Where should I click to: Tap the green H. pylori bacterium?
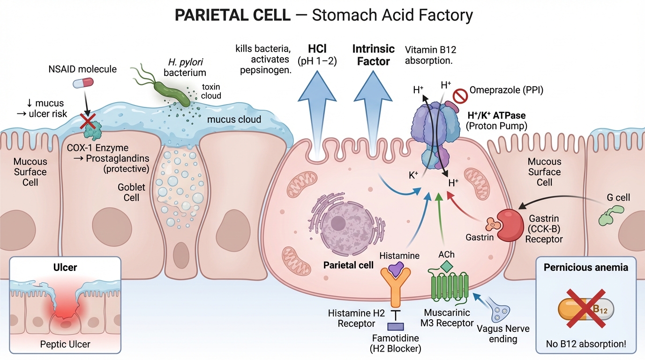172,93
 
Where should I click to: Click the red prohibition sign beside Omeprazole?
460,97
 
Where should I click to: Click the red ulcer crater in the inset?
66,313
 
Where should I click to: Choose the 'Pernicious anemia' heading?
585,268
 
